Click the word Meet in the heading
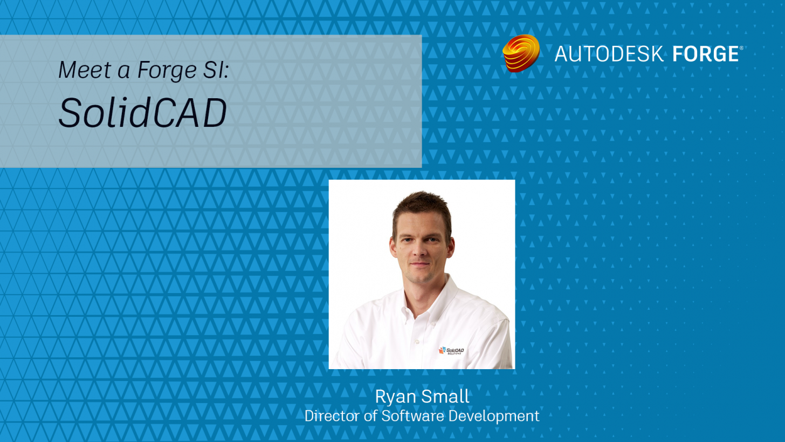click(85, 70)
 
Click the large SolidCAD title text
click(143, 112)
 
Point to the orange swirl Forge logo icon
click(521, 53)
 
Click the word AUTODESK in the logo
click(609, 54)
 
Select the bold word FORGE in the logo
click(705, 54)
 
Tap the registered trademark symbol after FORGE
click(741, 47)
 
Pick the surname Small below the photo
click(445, 396)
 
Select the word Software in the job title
click(413, 416)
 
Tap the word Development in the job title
click(494, 417)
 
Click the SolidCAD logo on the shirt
click(451, 350)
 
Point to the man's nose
click(419, 250)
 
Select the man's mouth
click(420, 264)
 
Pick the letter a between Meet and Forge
click(124, 71)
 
